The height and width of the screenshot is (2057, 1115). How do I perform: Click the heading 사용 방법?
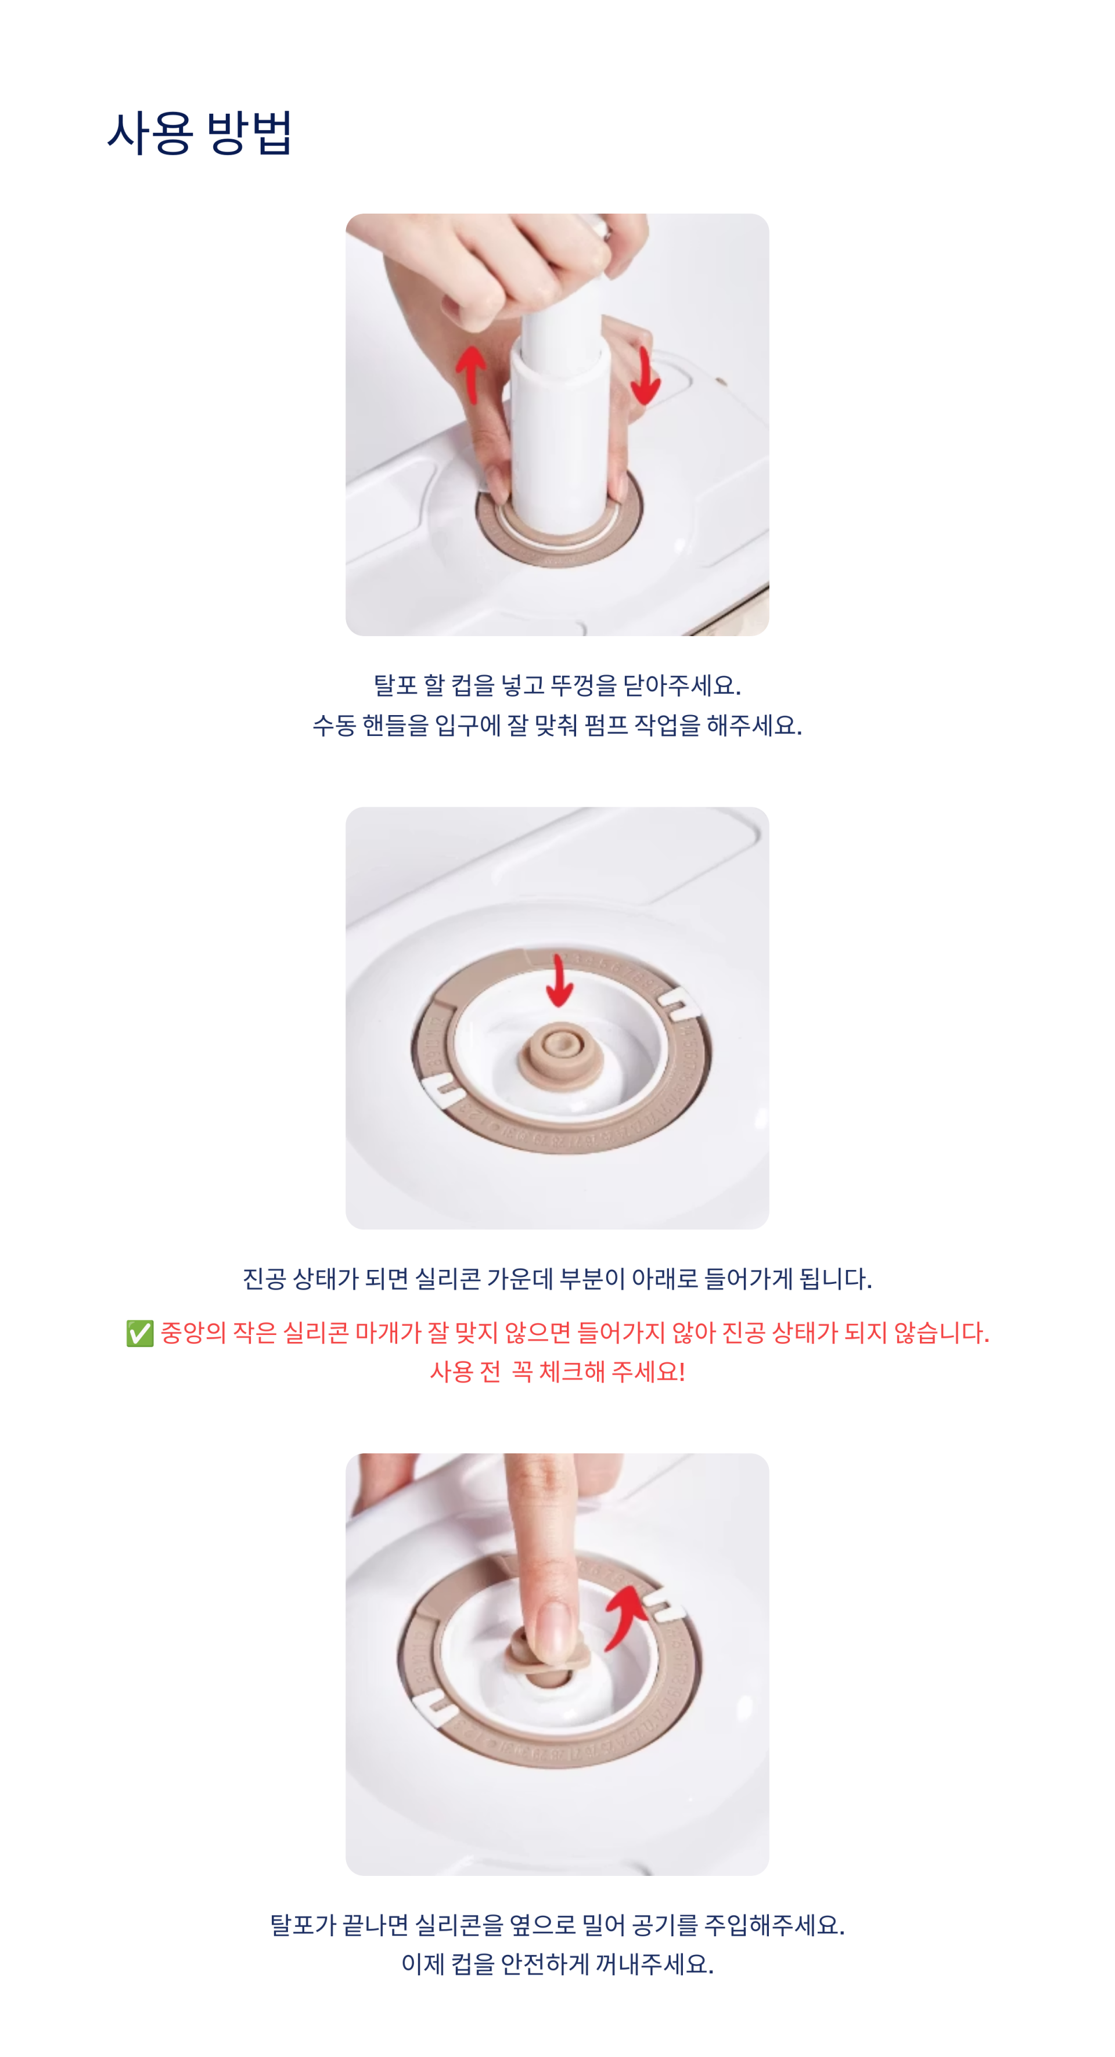click(x=200, y=132)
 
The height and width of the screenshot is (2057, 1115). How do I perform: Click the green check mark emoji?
click(x=140, y=1333)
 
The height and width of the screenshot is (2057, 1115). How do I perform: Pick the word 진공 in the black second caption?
click(x=264, y=1279)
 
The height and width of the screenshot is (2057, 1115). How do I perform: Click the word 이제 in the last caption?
click(x=423, y=1964)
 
